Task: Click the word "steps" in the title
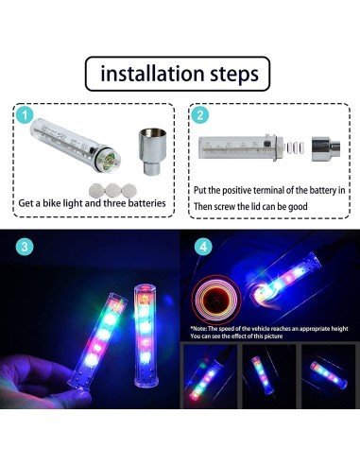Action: pos(228,73)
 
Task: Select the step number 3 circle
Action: pos(24,245)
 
